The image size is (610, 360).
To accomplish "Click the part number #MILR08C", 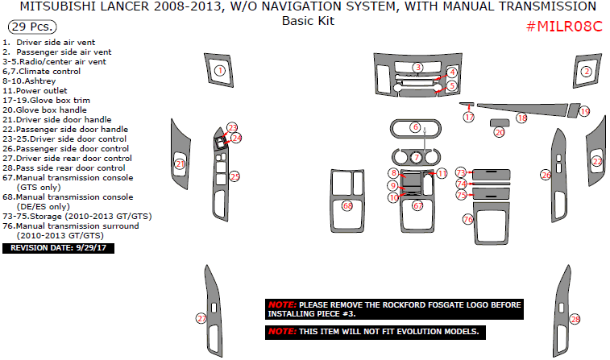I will pos(564,26).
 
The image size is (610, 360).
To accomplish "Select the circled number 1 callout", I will pos(219,72).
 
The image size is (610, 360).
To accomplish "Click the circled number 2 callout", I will pos(587,72).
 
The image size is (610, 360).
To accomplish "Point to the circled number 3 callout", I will pos(418,67).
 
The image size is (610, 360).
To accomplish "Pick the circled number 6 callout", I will pos(415,127).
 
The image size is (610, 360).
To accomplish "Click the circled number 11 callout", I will pos(442,173).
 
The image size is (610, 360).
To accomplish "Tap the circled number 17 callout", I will pos(469,118).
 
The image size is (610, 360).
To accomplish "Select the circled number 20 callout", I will pos(500,132).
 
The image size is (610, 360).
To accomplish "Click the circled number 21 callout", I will pos(180,164).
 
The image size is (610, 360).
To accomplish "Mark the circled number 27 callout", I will pos(201,318).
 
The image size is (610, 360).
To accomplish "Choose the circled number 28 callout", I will pos(575,319).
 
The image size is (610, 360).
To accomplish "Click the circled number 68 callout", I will pos(347,206).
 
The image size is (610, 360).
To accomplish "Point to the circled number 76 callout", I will pos(468,219).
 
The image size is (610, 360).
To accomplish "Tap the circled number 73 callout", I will pos(461,172).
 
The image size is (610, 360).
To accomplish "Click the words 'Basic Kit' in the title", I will pos(308,21).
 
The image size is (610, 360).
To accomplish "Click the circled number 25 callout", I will pos(234,176).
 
